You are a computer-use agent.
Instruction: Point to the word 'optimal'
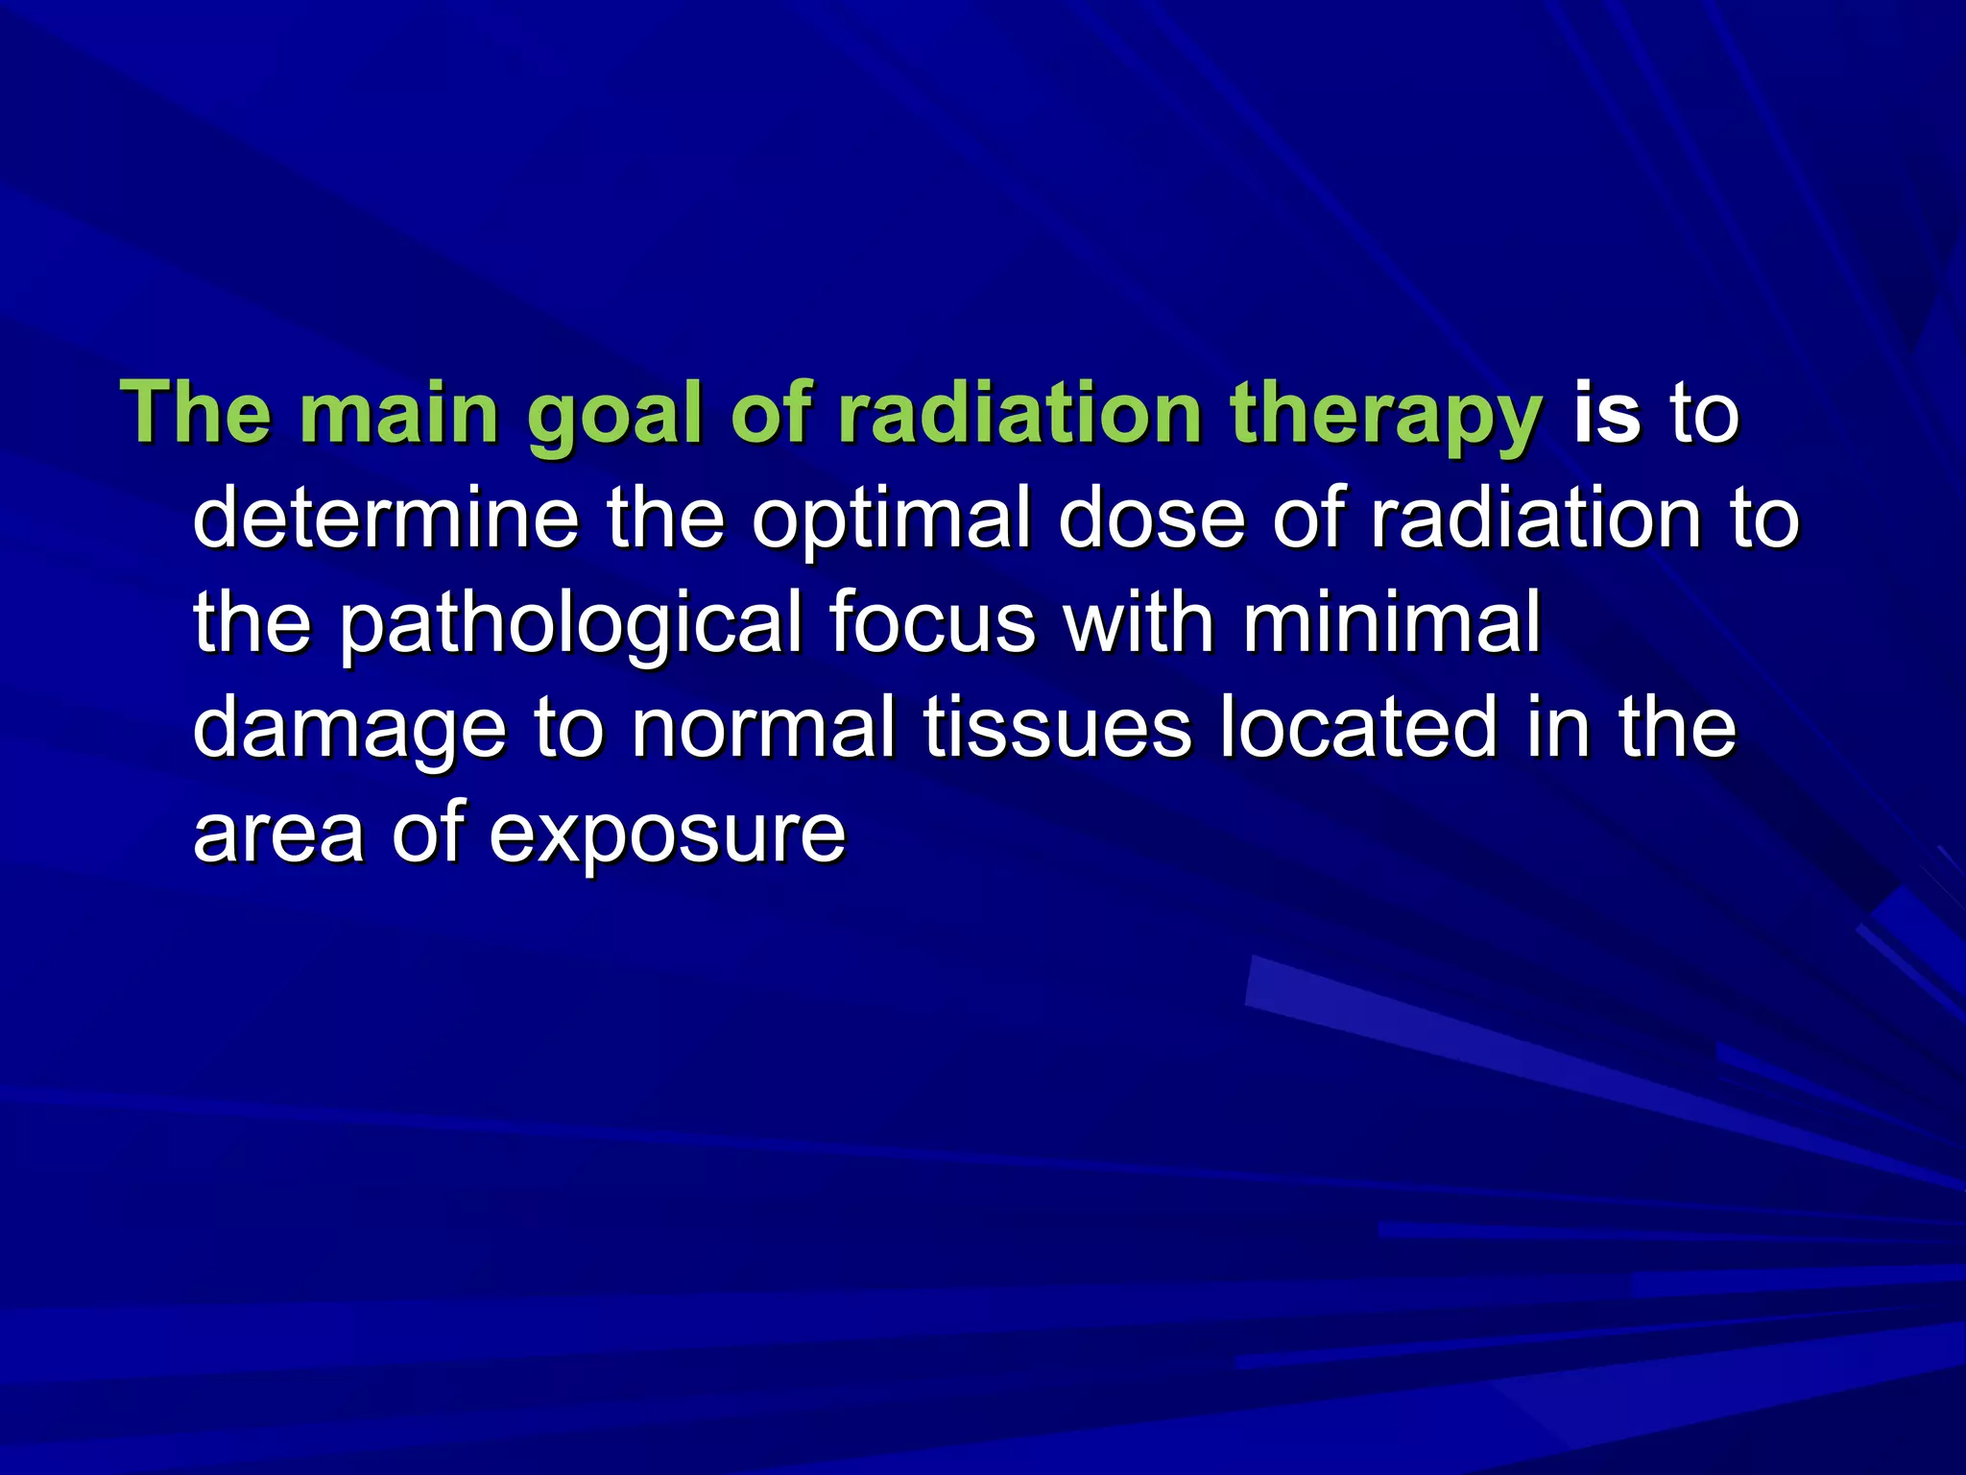pyautogui.click(x=891, y=520)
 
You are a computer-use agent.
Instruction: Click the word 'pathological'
pyautogui.click(x=570, y=624)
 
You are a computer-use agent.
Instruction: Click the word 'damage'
pyautogui.click(x=349, y=730)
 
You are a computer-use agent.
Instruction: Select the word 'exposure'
pyautogui.click(x=667, y=834)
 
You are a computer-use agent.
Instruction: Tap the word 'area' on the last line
pyautogui.click(x=278, y=834)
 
